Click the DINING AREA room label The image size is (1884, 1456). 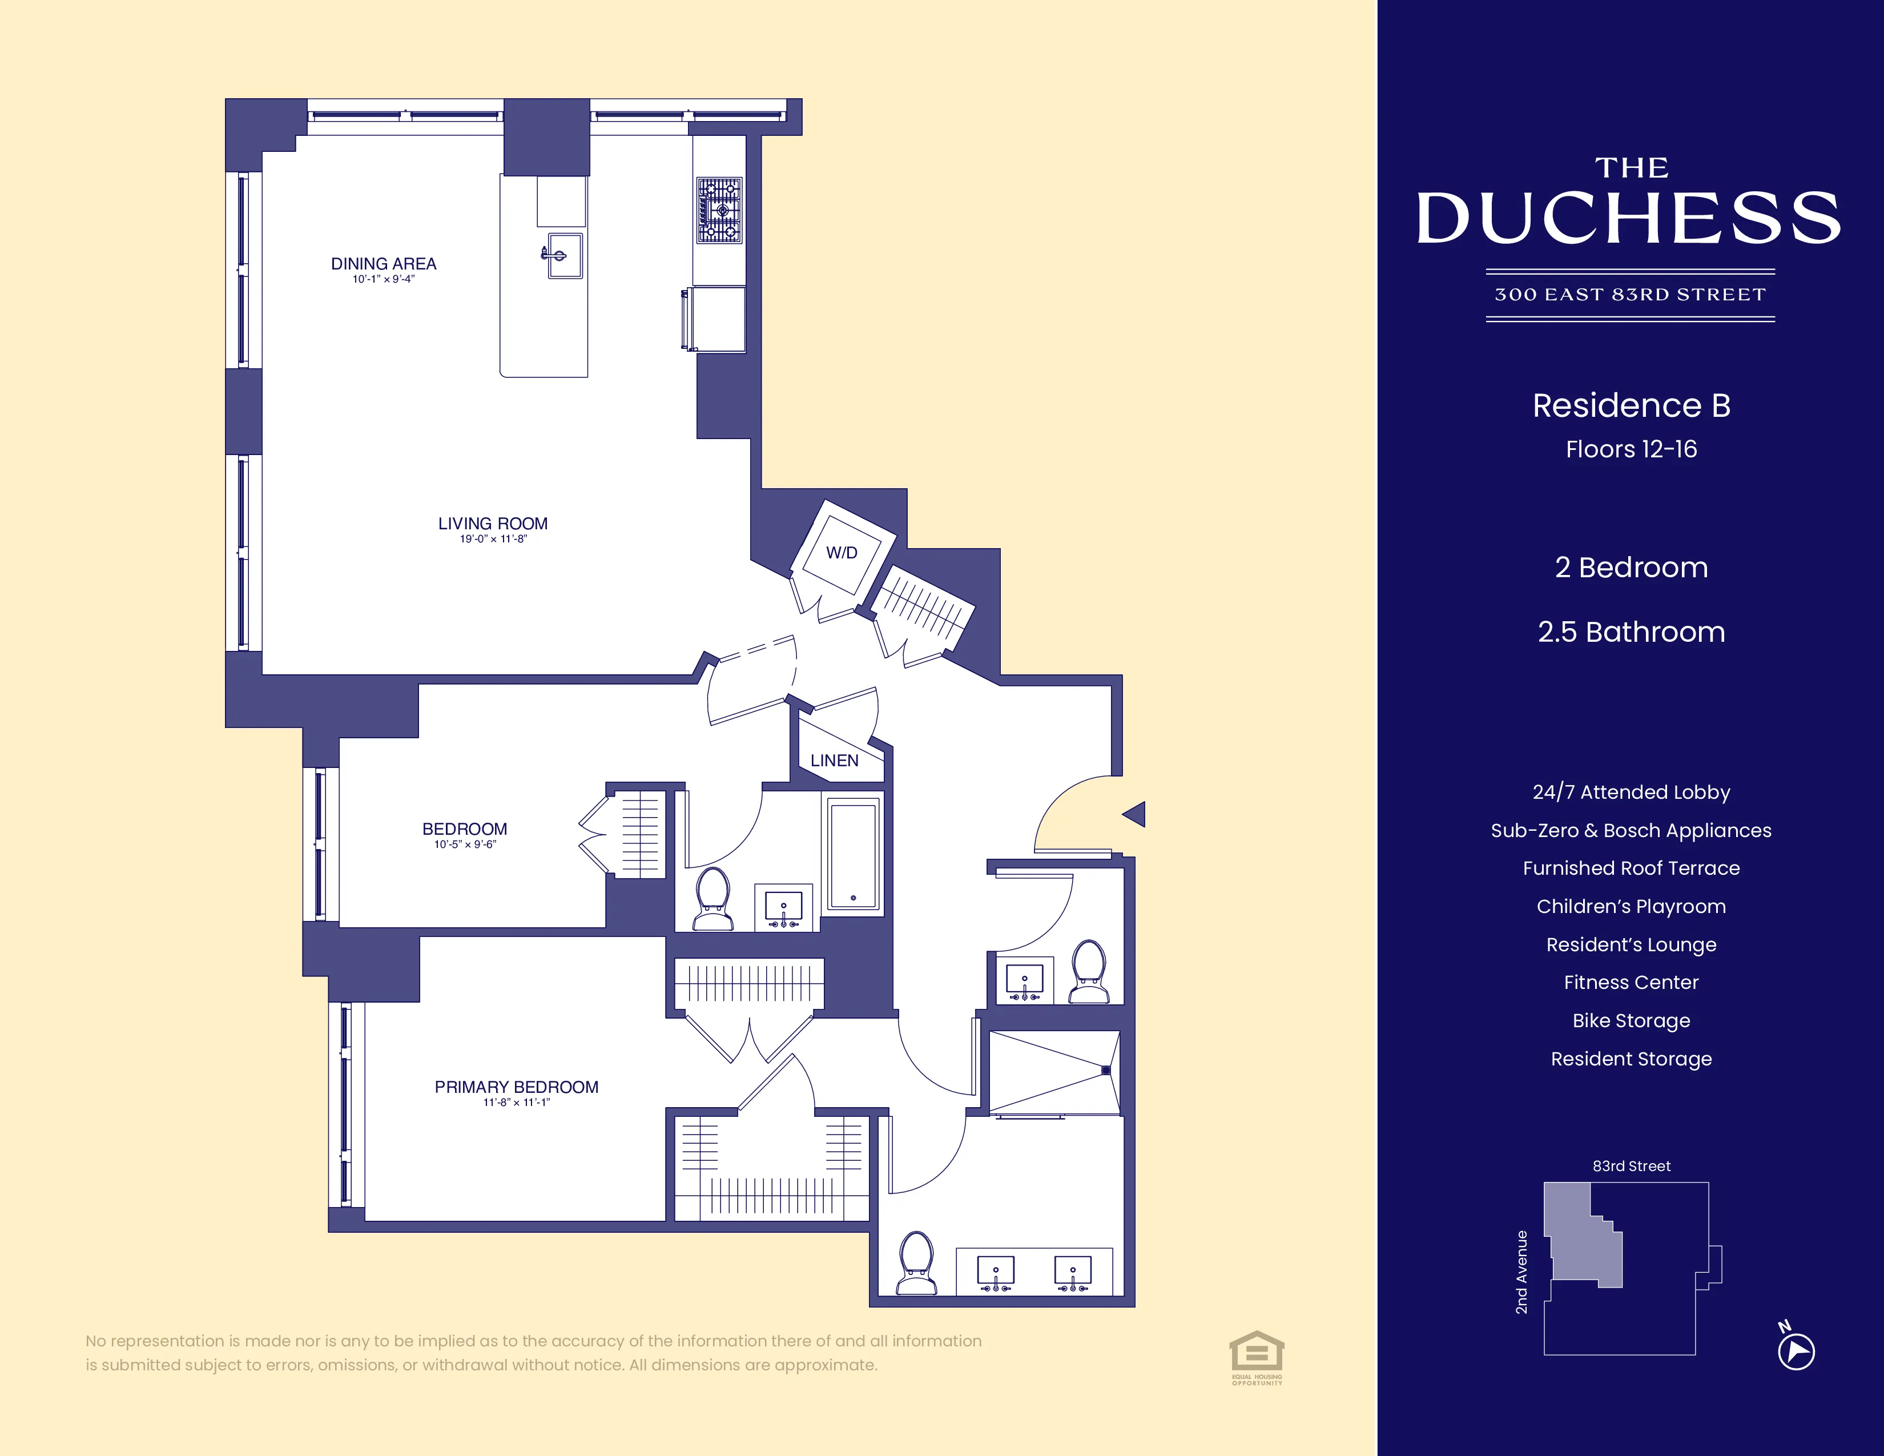click(x=383, y=264)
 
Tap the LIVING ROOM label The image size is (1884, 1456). click(x=493, y=524)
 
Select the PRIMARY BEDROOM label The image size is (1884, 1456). click(x=516, y=1087)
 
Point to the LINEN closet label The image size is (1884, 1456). click(x=834, y=760)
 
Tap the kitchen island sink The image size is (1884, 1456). click(x=564, y=255)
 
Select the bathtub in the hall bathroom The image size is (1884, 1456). click(x=853, y=855)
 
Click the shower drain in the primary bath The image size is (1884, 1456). click(x=1106, y=1071)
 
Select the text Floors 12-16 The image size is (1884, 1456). click(x=1631, y=449)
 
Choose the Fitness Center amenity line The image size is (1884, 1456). click(x=1631, y=983)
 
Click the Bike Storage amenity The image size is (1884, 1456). click(x=1631, y=1020)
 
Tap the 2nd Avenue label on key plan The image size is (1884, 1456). click(x=1521, y=1272)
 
